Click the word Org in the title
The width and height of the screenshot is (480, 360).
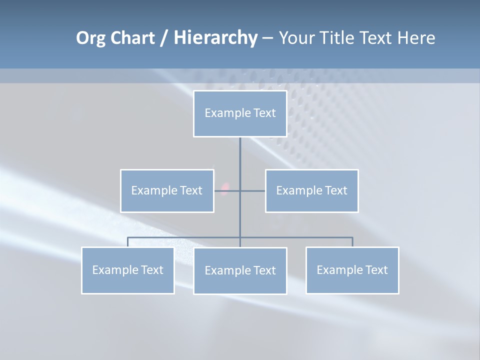point(90,38)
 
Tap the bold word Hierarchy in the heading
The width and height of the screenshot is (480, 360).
point(215,38)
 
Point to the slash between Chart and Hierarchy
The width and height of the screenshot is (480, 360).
point(164,38)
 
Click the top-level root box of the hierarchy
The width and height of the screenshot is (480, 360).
point(240,113)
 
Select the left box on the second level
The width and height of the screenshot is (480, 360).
point(167,190)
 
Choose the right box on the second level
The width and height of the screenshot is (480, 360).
point(311,190)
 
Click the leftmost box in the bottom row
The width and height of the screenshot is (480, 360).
point(128,270)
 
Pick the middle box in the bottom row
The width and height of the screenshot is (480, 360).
point(240,270)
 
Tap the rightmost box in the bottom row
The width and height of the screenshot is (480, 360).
point(352,270)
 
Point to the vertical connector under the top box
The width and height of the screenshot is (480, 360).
point(240,155)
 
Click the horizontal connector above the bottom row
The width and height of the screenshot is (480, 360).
point(185,237)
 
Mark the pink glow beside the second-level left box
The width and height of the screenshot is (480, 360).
point(224,188)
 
